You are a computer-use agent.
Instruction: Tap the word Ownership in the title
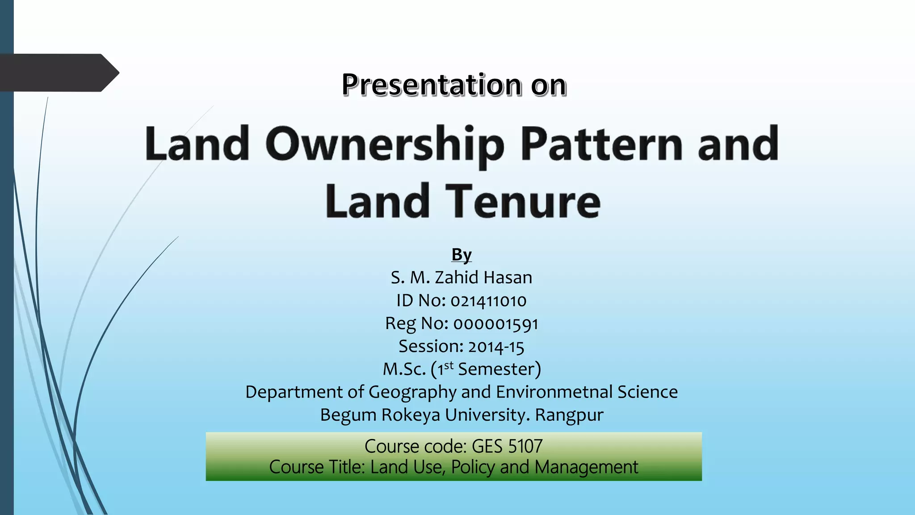[x=385, y=144]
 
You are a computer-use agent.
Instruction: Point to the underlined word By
[x=462, y=254]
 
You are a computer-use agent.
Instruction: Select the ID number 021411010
[x=488, y=301]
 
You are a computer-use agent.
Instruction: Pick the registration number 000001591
[x=496, y=324]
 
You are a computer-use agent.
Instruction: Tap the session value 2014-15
[x=496, y=346]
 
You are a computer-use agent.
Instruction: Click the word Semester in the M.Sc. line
[x=496, y=369]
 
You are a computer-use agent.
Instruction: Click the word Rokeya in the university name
[x=411, y=415]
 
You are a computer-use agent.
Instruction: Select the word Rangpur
[x=569, y=415]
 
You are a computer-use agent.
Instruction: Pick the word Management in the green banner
[x=586, y=467]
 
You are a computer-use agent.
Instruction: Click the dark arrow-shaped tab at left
[x=58, y=73]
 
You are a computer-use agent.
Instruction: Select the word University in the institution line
[x=487, y=415]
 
